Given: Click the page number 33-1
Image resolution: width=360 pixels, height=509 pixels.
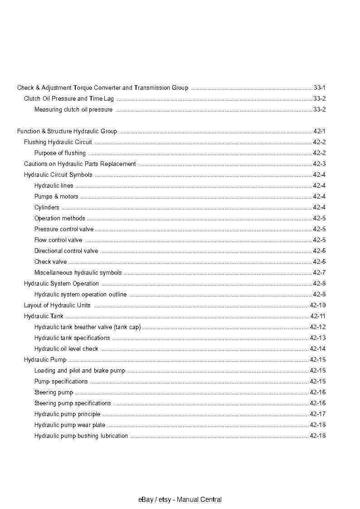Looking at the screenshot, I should (x=319, y=87).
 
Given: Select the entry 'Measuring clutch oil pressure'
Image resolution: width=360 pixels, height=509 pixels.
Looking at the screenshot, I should (x=73, y=109).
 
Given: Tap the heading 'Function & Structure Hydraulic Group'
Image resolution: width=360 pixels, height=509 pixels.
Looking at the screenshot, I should (x=67, y=131).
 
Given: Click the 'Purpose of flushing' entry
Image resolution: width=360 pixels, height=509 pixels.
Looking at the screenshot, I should (x=60, y=153).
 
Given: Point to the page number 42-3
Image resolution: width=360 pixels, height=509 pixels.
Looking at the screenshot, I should (x=319, y=164).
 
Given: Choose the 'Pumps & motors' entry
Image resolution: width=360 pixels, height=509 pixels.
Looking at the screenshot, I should (x=56, y=196).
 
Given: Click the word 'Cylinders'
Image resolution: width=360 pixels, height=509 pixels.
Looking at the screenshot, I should (x=47, y=207).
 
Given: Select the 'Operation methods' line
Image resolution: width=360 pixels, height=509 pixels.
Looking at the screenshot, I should (x=59, y=218).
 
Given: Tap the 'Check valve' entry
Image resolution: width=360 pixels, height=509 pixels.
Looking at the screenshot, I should (x=50, y=262).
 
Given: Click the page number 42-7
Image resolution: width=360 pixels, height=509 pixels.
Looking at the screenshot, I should (x=319, y=272).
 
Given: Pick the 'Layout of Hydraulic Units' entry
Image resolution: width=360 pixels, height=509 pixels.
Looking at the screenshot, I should (x=57, y=305).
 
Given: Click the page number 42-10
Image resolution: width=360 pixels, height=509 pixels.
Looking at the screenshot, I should (x=317, y=305).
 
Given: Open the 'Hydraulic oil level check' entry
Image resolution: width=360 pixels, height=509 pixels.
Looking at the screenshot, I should (x=66, y=349).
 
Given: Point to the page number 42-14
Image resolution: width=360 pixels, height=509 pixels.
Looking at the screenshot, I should (x=317, y=349).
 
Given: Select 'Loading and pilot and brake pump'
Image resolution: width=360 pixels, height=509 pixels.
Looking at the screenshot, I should (x=80, y=370).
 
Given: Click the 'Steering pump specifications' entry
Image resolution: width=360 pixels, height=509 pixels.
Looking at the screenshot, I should (x=73, y=403).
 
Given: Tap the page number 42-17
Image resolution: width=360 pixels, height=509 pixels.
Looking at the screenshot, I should (x=317, y=414).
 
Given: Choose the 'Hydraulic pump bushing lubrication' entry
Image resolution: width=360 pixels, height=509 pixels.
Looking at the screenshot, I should (x=81, y=436).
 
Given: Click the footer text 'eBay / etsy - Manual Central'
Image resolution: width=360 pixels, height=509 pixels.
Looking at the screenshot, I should (x=180, y=499).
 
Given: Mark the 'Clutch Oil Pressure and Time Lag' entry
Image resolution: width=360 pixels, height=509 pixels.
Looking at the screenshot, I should (x=69, y=98).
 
